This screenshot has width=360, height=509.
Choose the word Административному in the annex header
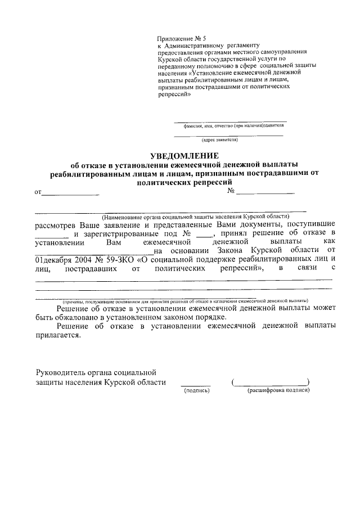coord(194,44)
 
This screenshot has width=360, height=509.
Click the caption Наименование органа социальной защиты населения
coord(195,217)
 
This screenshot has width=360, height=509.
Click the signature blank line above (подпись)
coord(196,385)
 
